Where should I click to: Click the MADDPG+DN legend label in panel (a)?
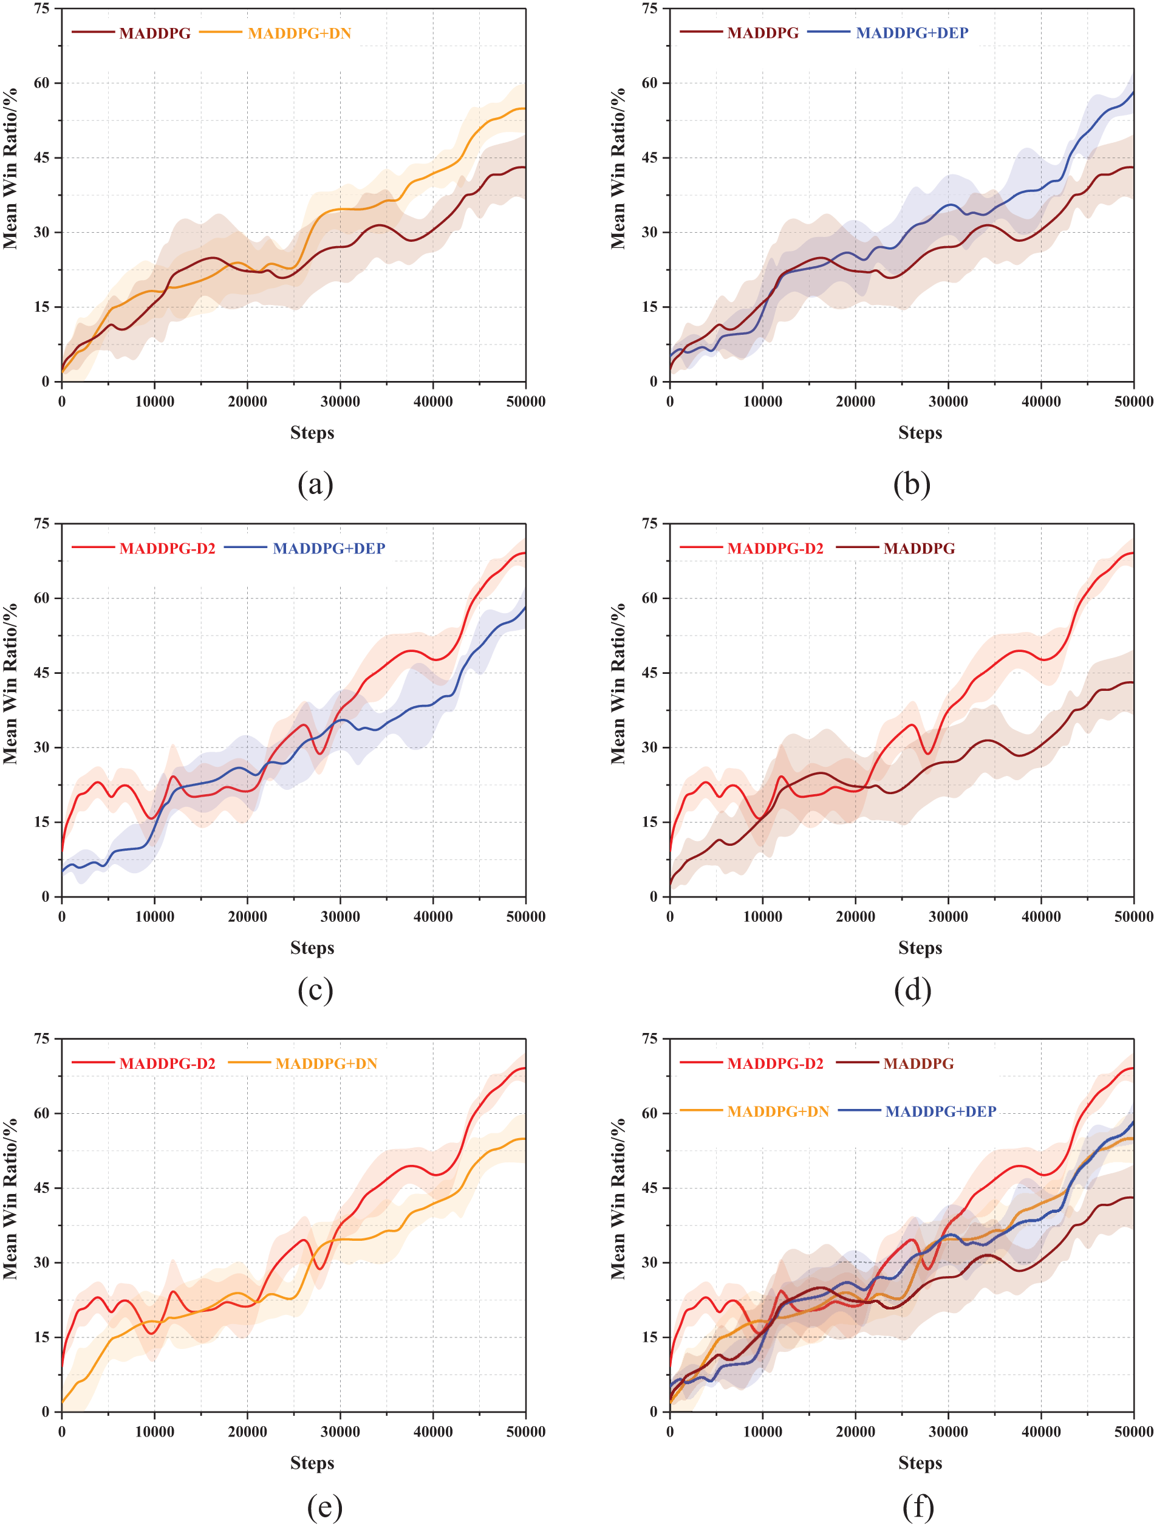click(299, 33)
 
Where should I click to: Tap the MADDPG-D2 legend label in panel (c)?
click(167, 548)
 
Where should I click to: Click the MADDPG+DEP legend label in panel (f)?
click(940, 1111)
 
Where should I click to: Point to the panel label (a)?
click(315, 484)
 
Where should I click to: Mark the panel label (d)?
click(912, 990)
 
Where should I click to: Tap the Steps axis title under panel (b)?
click(920, 433)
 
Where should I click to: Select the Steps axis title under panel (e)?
click(312, 1463)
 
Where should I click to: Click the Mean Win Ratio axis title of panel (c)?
click(10, 684)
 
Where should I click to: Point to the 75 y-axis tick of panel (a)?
click(42, 9)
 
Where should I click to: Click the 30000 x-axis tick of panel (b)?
click(947, 402)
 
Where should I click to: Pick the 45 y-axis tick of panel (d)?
click(650, 673)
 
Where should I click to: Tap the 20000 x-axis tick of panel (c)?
click(247, 917)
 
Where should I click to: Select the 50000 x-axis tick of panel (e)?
click(525, 1432)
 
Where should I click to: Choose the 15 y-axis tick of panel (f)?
click(650, 1337)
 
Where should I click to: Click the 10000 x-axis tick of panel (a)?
click(155, 402)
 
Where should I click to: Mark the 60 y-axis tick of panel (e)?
click(42, 1113)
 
